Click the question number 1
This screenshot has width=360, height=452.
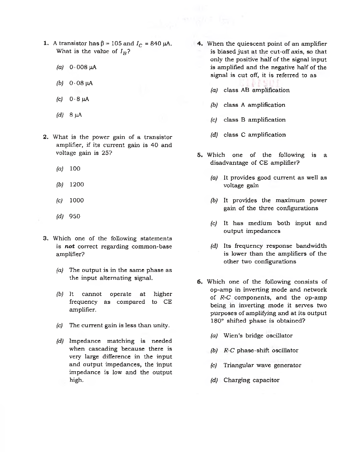pyautogui.click(x=46, y=43)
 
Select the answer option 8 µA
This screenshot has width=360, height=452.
pyautogui.click(x=75, y=115)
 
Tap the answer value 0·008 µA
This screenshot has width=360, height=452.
pyautogui.click(x=83, y=67)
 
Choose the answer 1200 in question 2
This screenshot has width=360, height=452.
pyautogui.click(x=77, y=184)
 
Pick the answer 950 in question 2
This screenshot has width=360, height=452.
pyautogui.click(x=75, y=216)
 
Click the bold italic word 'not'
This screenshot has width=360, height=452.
pyautogui.click(x=69, y=246)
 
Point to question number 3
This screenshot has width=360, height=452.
pyautogui.click(x=46, y=238)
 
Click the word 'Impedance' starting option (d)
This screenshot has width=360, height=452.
pyautogui.click(x=85, y=341)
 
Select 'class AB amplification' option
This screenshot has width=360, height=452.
pyautogui.click(x=257, y=90)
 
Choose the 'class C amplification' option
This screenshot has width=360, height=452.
pyautogui.click(x=254, y=135)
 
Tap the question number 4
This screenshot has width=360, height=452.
pyautogui.click(x=200, y=44)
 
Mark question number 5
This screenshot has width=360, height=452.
pyautogui.click(x=200, y=155)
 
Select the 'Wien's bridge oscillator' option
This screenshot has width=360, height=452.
pyautogui.click(x=258, y=335)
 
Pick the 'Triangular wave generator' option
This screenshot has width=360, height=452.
pyautogui.click(x=262, y=365)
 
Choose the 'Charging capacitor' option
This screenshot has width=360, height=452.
pyautogui.click(x=251, y=380)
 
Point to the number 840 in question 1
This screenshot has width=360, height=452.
pyautogui.click(x=156, y=43)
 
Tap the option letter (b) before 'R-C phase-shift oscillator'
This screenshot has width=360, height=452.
pyautogui.click(x=214, y=351)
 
